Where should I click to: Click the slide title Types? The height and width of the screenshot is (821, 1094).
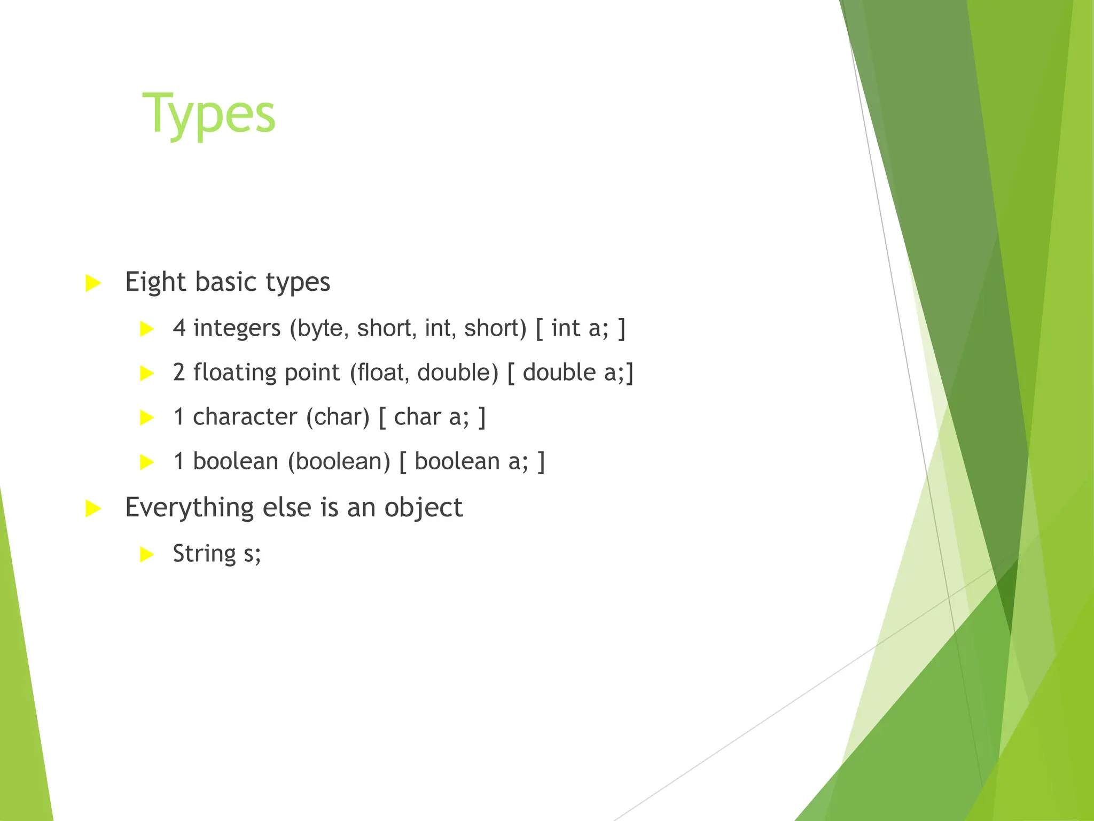pyautogui.click(x=208, y=114)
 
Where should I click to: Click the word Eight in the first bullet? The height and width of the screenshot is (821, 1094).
pyautogui.click(x=154, y=282)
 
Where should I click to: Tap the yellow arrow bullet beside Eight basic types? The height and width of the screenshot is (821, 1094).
pyautogui.click(x=93, y=283)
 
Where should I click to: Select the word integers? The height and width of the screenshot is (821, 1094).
pyautogui.click(x=236, y=328)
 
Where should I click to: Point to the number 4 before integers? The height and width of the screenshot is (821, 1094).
pyautogui.click(x=179, y=328)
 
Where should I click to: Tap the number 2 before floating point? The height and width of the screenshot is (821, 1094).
pyautogui.click(x=179, y=373)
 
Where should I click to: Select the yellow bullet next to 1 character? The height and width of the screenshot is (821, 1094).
pyautogui.click(x=147, y=417)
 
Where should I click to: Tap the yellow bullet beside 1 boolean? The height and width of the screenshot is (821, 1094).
pyautogui.click(x=147, y=462)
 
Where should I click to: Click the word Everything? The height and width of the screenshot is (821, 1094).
pyautogui.click(x=189, y=507)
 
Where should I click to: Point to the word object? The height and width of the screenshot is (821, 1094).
pyautogui.click(x=423, y=507)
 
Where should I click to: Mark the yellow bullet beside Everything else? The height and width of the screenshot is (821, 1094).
pyautogui.click(x=93, y=508)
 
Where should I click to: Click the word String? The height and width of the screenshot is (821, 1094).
pyautogui.click(x=204, y=553)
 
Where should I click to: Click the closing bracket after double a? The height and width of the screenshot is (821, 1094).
pyautogui.click(x=630, y=373)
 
